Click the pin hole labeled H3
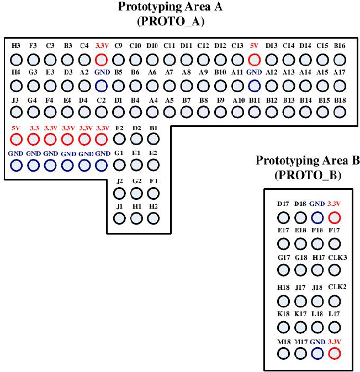(x=16, y=60)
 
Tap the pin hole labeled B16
(x=340, y=60)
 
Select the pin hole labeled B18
(x=340, y=111)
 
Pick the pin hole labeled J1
(x=119, y=217)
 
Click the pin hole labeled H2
(x=153, y=217)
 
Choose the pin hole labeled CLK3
(x=334, y=270)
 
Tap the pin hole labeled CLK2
(x=334, y=301)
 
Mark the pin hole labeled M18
(x=283, y=354)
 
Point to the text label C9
(x=118, y=46)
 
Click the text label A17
(x=340, y=72)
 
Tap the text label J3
(x=15, y=99)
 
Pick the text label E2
(x=153, y=153)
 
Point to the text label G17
(x=283, y=257)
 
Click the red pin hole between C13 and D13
(x=254, y=60)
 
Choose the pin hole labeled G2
(x=136, y=193)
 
